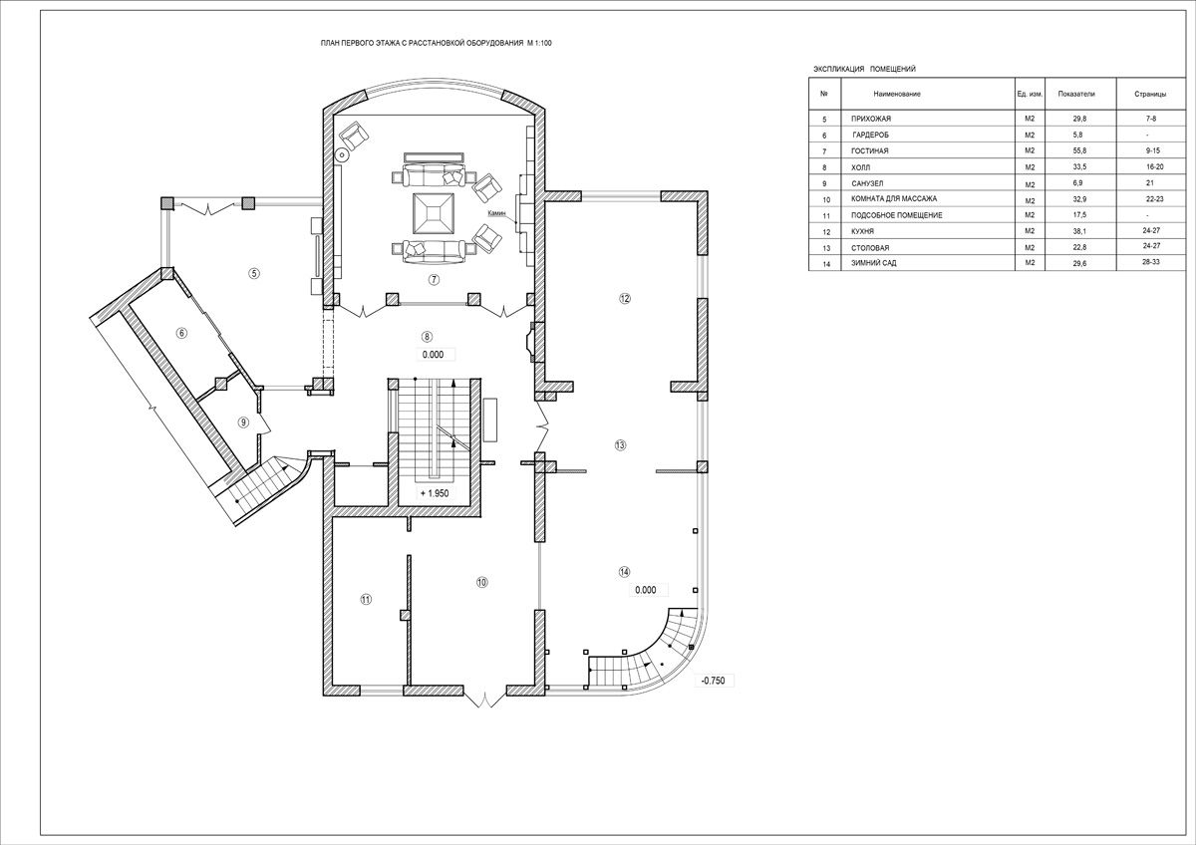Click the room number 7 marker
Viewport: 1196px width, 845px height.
pos(435,279)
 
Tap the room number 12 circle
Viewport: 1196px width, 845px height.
pos(625,298)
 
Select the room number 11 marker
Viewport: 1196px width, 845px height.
pos(366,600)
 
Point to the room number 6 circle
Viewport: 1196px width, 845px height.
pos(182,333)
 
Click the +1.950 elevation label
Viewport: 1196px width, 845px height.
pos(435,493)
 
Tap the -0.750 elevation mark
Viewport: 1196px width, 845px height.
pos(714,681)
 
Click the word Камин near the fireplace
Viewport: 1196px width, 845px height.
pos(496,213)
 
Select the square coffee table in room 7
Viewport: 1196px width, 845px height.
pos(435,213)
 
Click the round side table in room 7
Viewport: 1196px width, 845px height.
pos(342,154)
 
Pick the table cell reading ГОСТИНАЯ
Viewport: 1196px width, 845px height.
pos(870,151)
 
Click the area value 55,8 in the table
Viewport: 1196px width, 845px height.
pos(1079,151)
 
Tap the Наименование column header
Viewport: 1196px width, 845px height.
pos(897,94)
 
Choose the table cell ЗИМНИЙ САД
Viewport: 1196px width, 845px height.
pos(874,263)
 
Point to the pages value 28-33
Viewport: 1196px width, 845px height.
pos(1150,262)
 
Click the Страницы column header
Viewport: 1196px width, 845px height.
pos(1150,94)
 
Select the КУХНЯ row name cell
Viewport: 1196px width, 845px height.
pos(863,231)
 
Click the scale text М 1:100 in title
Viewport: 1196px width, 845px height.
pos(539,43)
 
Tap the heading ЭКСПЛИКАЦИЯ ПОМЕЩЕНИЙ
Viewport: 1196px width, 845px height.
pos(864,69)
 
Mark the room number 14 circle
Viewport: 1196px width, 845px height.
pos(624,572)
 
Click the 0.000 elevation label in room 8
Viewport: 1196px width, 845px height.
pos(433,355)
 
